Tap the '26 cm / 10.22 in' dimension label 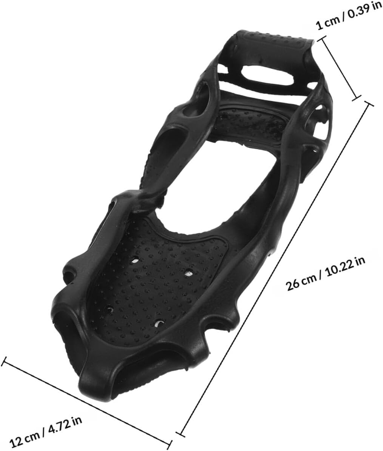click(x=326, y=274)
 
